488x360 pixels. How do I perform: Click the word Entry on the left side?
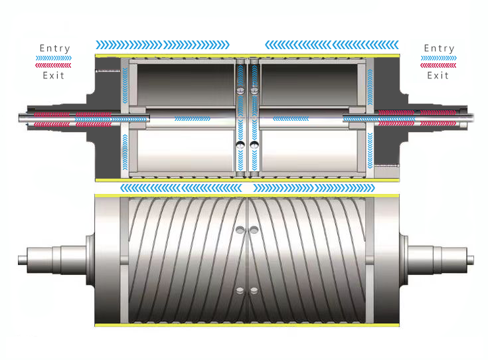(x=54, y=48)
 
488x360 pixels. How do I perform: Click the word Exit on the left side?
(x=54, y=75)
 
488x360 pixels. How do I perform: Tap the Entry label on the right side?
(x=439, y=48)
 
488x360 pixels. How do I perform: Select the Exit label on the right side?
(x=438, y=75)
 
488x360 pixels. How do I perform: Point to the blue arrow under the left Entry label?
(x=54, y=58)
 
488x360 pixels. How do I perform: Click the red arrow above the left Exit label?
(x=54, y=66)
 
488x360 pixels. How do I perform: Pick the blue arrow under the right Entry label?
(x=438, y=58)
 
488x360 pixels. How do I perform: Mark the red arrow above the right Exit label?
(x=438, y=66)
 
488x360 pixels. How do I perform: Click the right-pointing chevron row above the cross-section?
(x=163, y=45)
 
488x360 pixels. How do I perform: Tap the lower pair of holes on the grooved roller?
(x=246, y=290)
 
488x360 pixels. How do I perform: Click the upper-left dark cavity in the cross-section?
(x=181, y=82)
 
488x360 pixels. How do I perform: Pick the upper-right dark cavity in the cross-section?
(x=309, y=82)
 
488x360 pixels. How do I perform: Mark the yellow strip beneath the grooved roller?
(x=246, y=325)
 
